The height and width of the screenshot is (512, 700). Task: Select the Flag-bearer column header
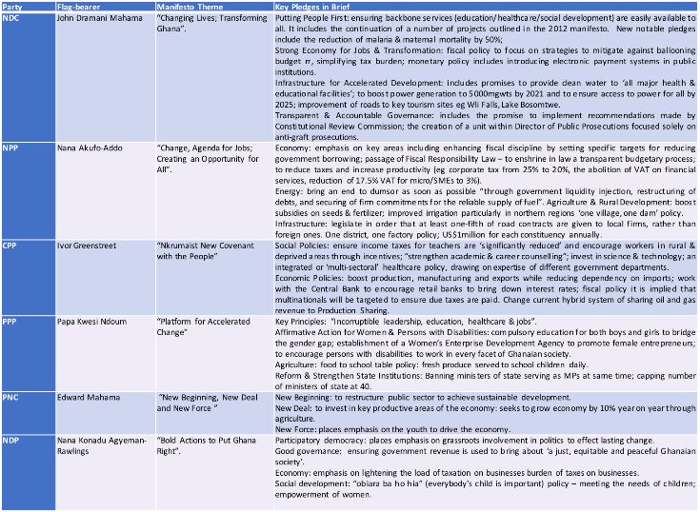pyautogui.click(x=77, y=7)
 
